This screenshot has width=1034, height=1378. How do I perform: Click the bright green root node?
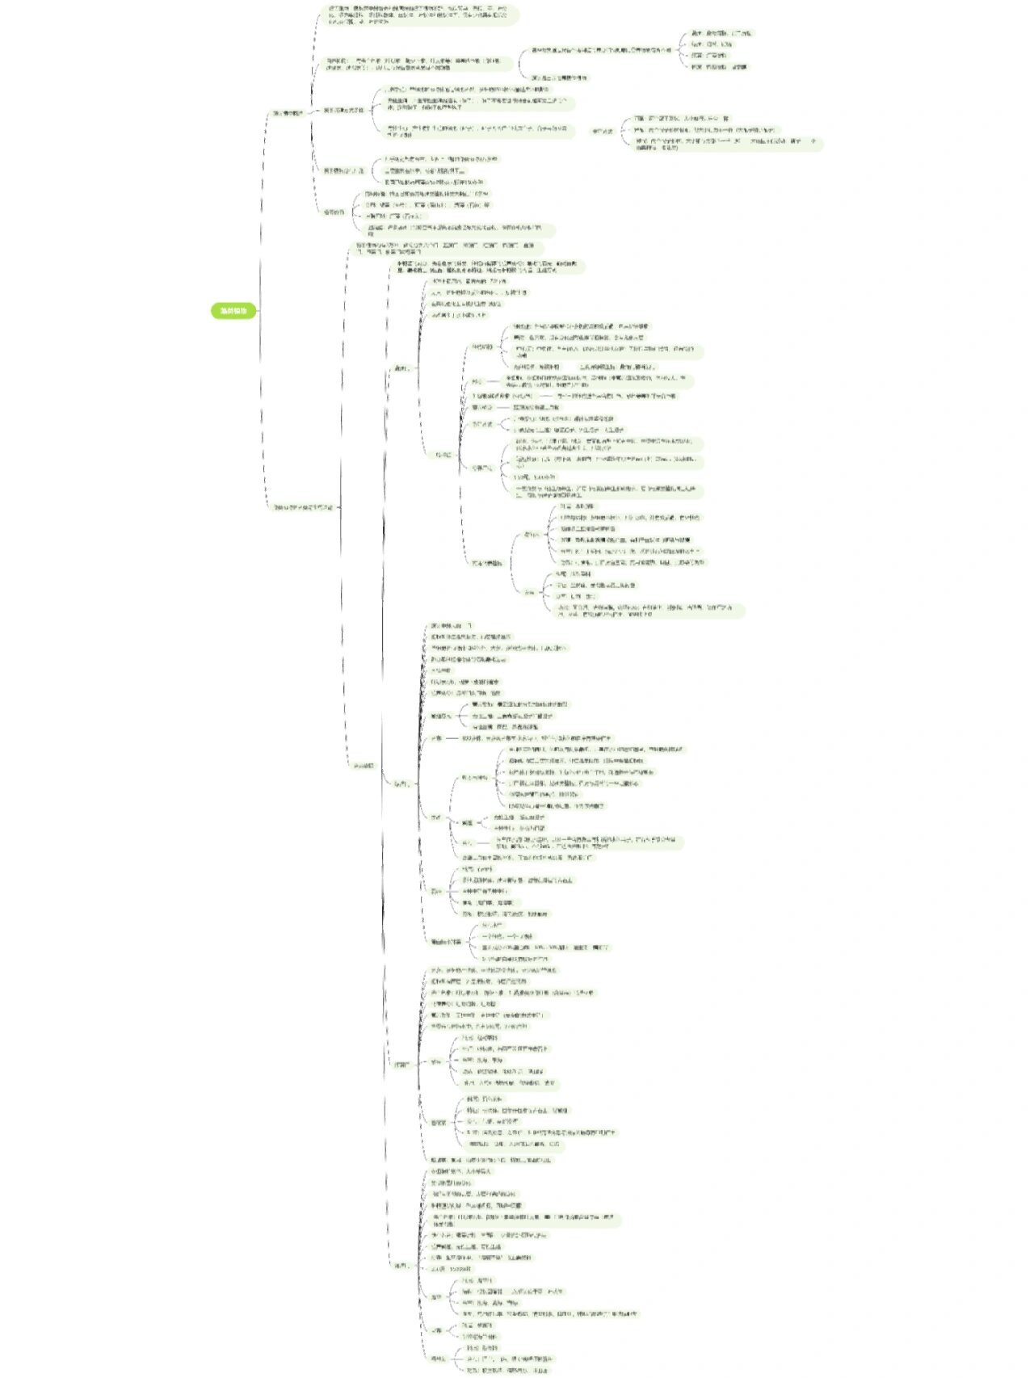(x=234, y=311)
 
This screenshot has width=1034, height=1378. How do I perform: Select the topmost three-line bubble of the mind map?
(x=420, y=15)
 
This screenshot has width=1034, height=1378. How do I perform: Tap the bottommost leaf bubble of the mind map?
(x=507, y=1371)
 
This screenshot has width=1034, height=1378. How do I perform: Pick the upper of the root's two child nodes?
(x=288, y=113)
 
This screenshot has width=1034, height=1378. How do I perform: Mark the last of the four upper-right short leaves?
(x=720, y=67)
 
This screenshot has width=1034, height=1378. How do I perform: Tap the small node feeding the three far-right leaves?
(x=602, y=131)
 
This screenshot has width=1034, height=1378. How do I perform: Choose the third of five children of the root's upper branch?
(x=344, y=110)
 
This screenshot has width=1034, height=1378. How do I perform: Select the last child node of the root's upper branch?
(x=334, y=212)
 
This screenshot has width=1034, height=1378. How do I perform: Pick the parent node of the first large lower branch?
(x=401, y=368)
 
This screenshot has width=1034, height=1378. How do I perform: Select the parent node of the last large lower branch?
(x=400, y=1265)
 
